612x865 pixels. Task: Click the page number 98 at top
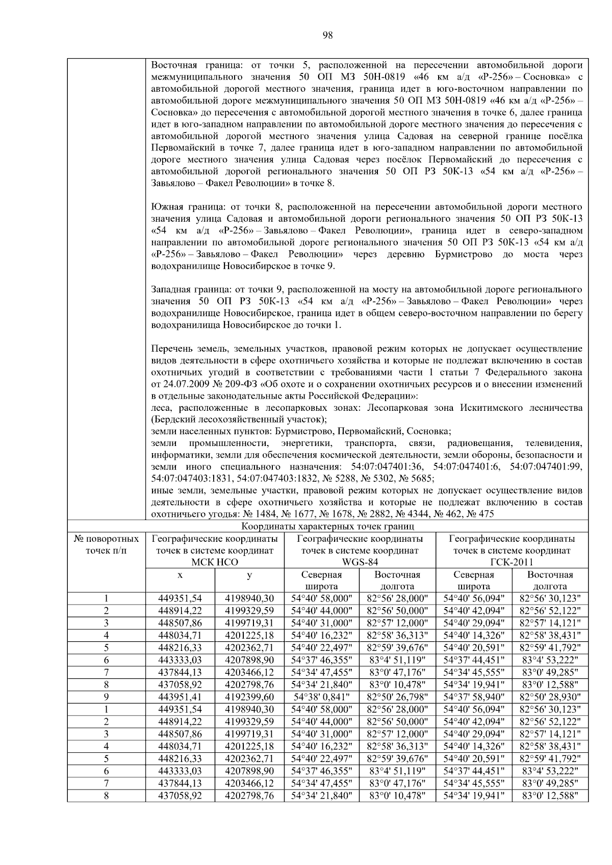[x=328, y=35]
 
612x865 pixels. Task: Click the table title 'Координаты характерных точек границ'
[x=327, y=526]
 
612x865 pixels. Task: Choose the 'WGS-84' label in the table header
[x=360, y=562]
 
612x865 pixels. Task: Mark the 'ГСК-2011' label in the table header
[x=512, y=562]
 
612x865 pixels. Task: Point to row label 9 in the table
[x=106, y=697]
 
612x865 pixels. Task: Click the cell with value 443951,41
[x=180, y=697]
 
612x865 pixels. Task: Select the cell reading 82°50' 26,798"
[x=397, y=697]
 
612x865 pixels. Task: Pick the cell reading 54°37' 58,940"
[x=474, y=697]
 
